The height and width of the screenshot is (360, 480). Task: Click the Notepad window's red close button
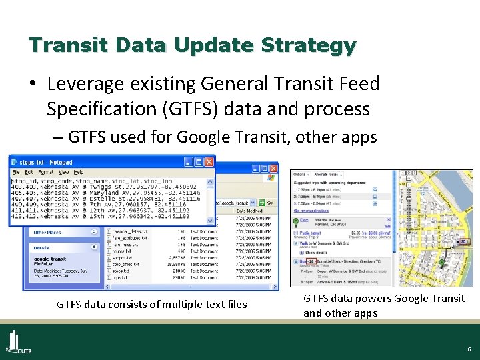(x=209, y=162)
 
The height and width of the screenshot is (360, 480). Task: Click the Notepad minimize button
(x=188, y=162)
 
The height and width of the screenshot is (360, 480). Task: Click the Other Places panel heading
(x=47, y=233)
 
